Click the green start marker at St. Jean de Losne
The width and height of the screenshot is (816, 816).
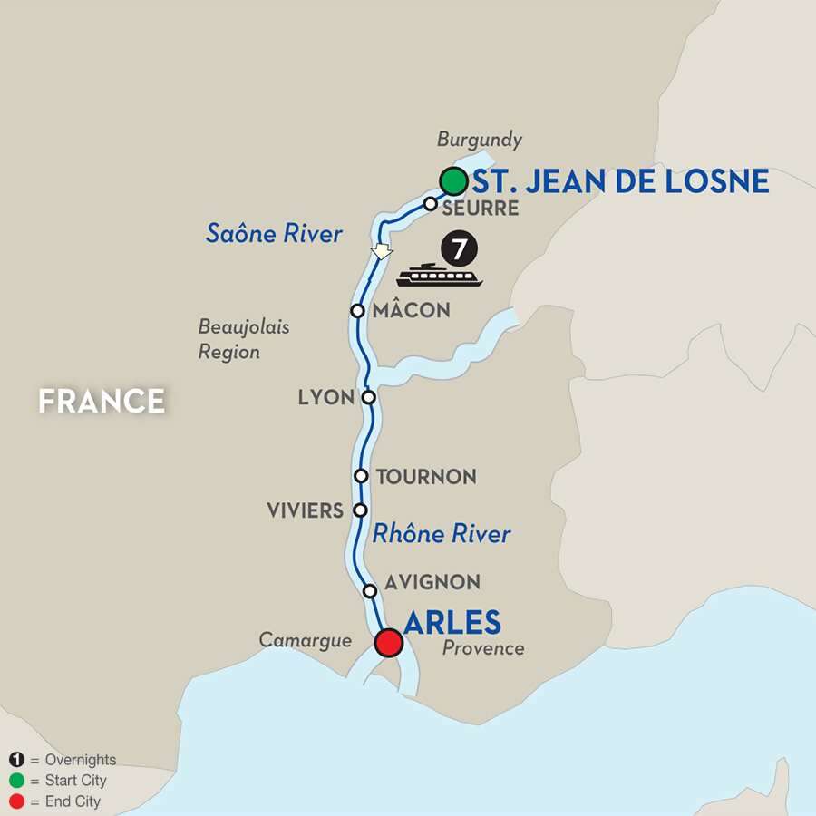point(453,181)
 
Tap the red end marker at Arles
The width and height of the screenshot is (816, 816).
point(389,642)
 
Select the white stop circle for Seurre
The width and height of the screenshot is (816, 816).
point(431,204)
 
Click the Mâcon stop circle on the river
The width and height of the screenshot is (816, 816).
point(358,310)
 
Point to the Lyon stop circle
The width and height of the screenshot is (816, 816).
point(368,397)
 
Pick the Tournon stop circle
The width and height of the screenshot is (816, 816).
point(361,475)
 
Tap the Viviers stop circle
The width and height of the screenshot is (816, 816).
point(360,510)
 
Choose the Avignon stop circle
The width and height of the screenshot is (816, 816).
point(369,591)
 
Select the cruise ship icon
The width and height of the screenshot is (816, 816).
point(440,275)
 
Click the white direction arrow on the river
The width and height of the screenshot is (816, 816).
point(382,251)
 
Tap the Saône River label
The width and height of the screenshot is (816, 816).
point(274,234)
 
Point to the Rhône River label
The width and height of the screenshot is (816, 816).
point(442,534)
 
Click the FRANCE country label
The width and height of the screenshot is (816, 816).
point(102,400)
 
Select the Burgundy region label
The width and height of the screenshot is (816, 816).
point(480,140)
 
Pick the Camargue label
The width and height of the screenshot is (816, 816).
point(305,640)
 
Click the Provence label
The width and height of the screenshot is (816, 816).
point(483,648)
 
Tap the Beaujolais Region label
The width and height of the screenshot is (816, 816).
point(244,338)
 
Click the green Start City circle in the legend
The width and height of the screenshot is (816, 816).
point(16,781)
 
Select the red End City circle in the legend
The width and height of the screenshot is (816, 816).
point(16,801)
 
